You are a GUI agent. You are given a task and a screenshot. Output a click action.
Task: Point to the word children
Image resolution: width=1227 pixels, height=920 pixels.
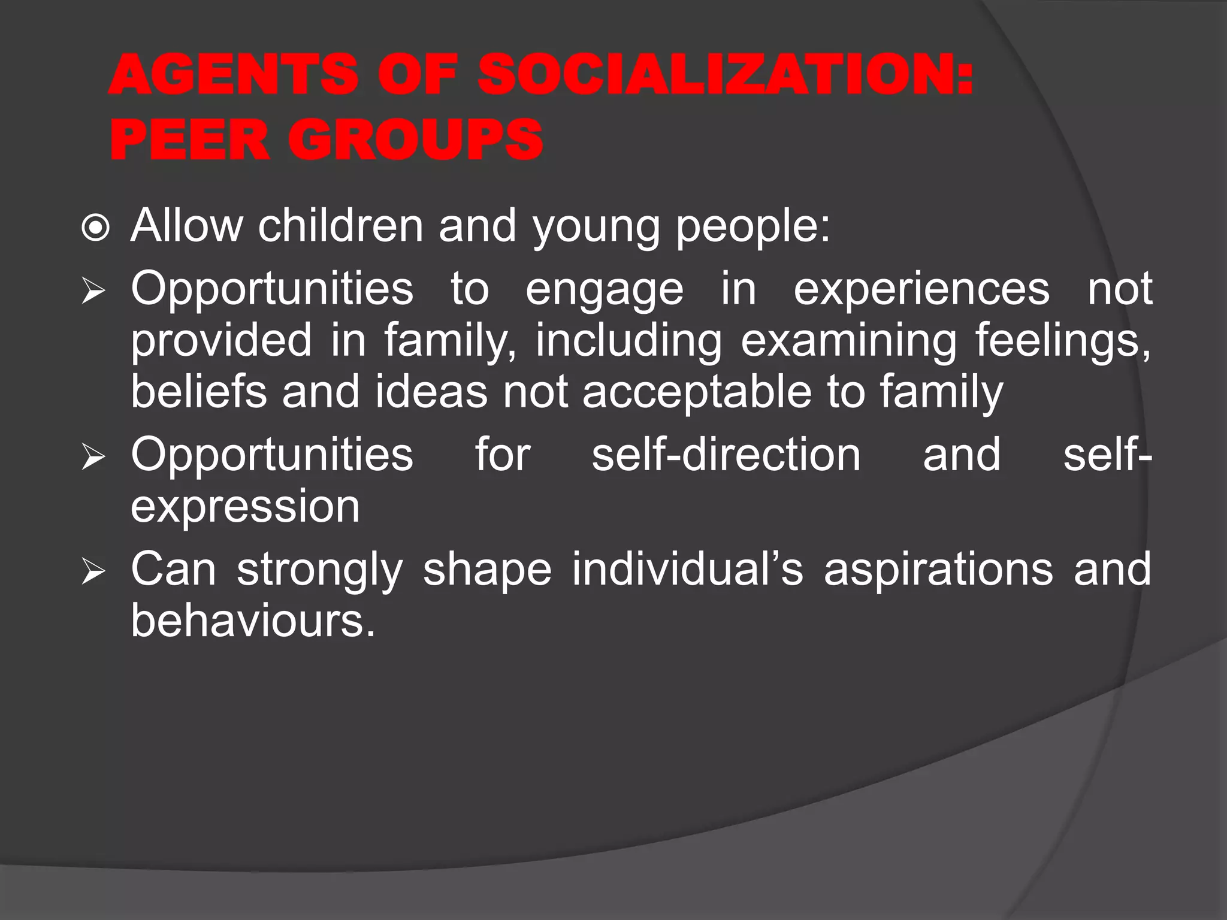[x=340, y=226]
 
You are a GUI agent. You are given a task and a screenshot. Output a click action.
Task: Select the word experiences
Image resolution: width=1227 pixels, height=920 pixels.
[x=921, y=289]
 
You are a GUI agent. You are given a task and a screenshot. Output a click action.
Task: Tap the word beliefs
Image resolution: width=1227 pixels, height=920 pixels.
[x=198, y=392]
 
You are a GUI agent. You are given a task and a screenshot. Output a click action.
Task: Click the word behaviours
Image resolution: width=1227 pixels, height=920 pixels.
[x=252, y=621]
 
